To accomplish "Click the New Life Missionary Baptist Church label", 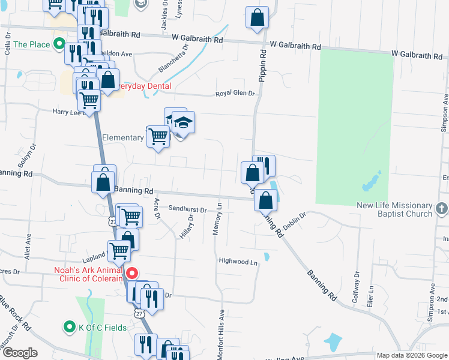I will (394, 209).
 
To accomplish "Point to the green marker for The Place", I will (59, 44).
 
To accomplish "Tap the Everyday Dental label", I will (142, 86).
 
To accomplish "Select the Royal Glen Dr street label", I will (236, 94).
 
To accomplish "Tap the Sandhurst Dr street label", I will (187, 210).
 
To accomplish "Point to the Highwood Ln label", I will (238, 262).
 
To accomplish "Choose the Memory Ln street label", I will (218, 219).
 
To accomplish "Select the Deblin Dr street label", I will (295, 220).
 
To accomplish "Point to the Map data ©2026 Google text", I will (412, 355).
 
